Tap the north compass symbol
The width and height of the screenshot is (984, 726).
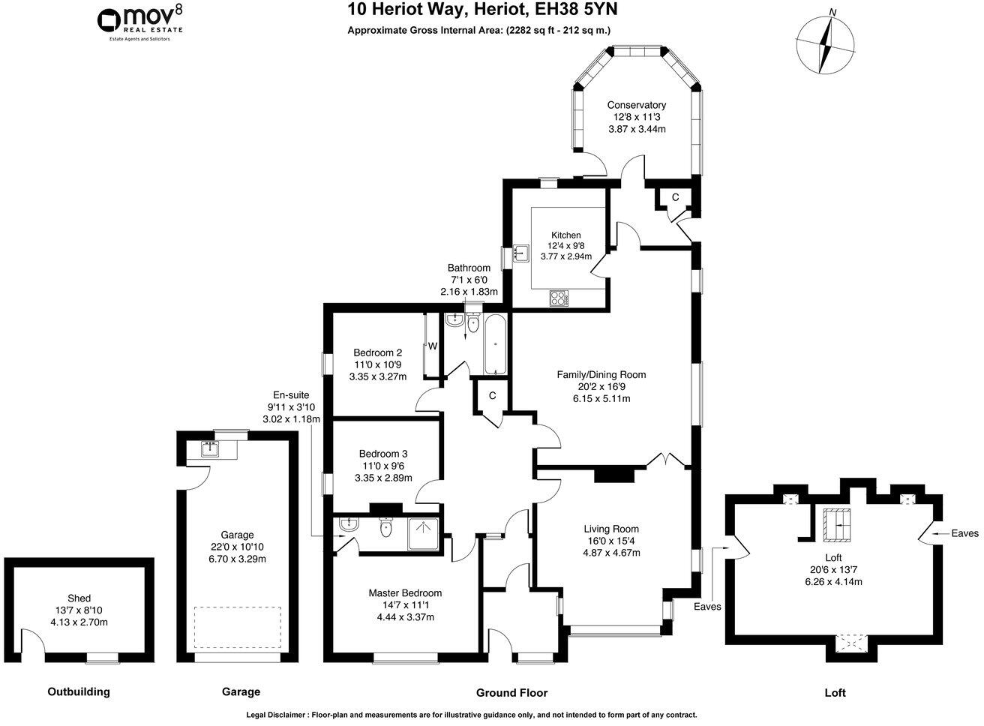pyautogui.click(x=826, y=44)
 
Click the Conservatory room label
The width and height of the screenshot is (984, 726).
pyautogui.click(x=636, y=105)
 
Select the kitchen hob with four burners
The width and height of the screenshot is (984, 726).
pyautogui.click(x=559, y=298)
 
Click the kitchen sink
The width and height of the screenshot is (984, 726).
pyautogui.click(x=520, y=257)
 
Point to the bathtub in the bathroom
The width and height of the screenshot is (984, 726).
pyautogui.click(x=496, y=345)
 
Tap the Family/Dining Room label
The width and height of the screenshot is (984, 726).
pyautogui.click(x=601, y=374)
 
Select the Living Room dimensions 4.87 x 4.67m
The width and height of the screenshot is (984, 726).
pyautogui.click(x=610, y=553)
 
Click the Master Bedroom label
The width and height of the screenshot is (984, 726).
pyautogui.click(x=405, y=592)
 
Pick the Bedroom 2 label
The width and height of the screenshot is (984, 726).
pyautogui.click(x=378, y=352)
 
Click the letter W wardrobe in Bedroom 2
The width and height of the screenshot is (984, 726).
pyautogui.click(x=433, y=346)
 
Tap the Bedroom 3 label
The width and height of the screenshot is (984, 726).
pyautogui.click(x=382, y=453)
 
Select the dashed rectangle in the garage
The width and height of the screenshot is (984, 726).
pyautogui.click(x=238, y=628)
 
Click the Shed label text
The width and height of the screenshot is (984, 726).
pyautogui.click(x=79, y=598)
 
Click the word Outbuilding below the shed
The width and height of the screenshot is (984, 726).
pyautogui.click(x=78, y=691)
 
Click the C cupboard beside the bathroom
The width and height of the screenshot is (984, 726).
pyautogui.click(x=492, y=395)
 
